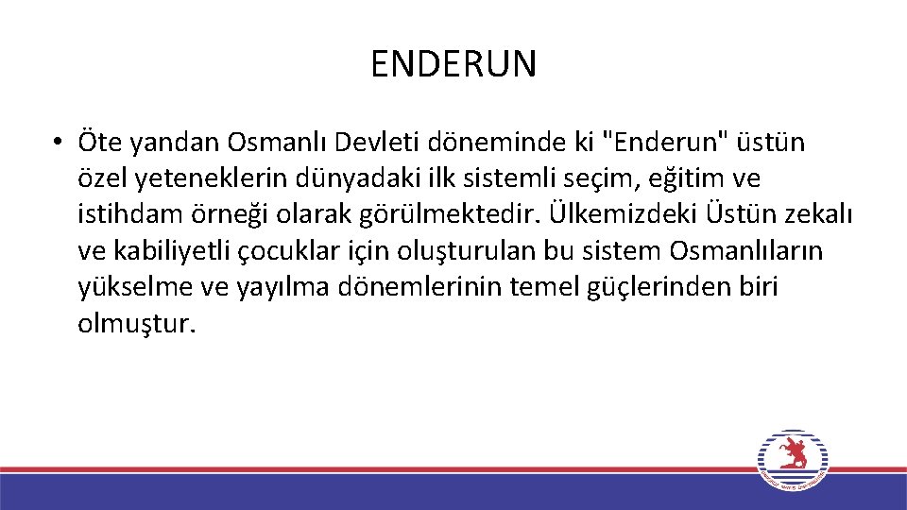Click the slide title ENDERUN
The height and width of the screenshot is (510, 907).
[x=453, y=64]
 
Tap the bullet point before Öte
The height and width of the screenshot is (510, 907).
[x=59, y=143]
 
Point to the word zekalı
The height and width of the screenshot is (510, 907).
[x=821, y=214]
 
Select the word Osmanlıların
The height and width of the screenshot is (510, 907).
[x=745, y=250]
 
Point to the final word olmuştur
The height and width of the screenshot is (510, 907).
[x=138, y=324]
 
